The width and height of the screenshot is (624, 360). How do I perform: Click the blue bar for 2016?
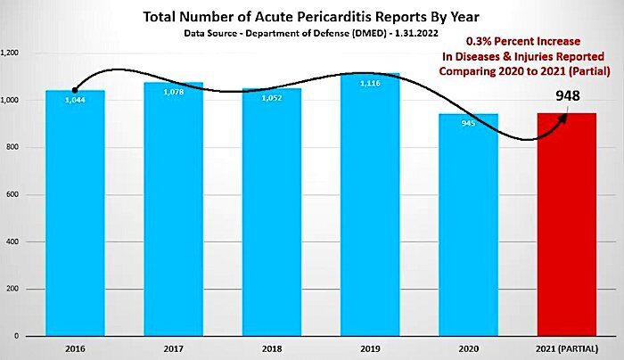[x=75, y=213]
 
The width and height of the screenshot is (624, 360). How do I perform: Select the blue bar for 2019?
[x=370, y=204]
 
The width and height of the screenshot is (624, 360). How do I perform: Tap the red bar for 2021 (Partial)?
[x=567, y=225]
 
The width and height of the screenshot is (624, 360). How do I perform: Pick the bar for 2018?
[x=272, y=212]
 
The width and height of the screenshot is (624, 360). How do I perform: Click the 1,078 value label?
[x=174, y=92]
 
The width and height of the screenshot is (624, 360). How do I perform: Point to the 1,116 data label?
[x=370, y=83]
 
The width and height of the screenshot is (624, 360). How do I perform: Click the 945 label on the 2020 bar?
[x=468, y=123]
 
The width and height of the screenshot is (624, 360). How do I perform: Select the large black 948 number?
[x=568, y=95]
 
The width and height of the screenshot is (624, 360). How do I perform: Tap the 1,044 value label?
[x=75, y=100]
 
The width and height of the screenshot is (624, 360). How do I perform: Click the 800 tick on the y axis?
[x=12, y=147]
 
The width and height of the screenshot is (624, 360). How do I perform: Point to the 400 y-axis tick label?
[x=12, y=241]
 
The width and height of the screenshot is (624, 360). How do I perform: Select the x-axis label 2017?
[x=174, y=349]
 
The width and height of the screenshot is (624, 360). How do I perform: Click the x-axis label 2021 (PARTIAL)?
[x=567, y=349]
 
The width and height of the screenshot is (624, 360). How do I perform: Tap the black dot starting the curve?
[x=75, y=91]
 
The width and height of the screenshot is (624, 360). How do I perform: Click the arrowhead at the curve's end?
[x=563, y=118]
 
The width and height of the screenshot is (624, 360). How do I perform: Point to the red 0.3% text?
[x=478, y=41]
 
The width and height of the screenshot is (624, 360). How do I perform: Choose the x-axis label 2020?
[x=468, y=349]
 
